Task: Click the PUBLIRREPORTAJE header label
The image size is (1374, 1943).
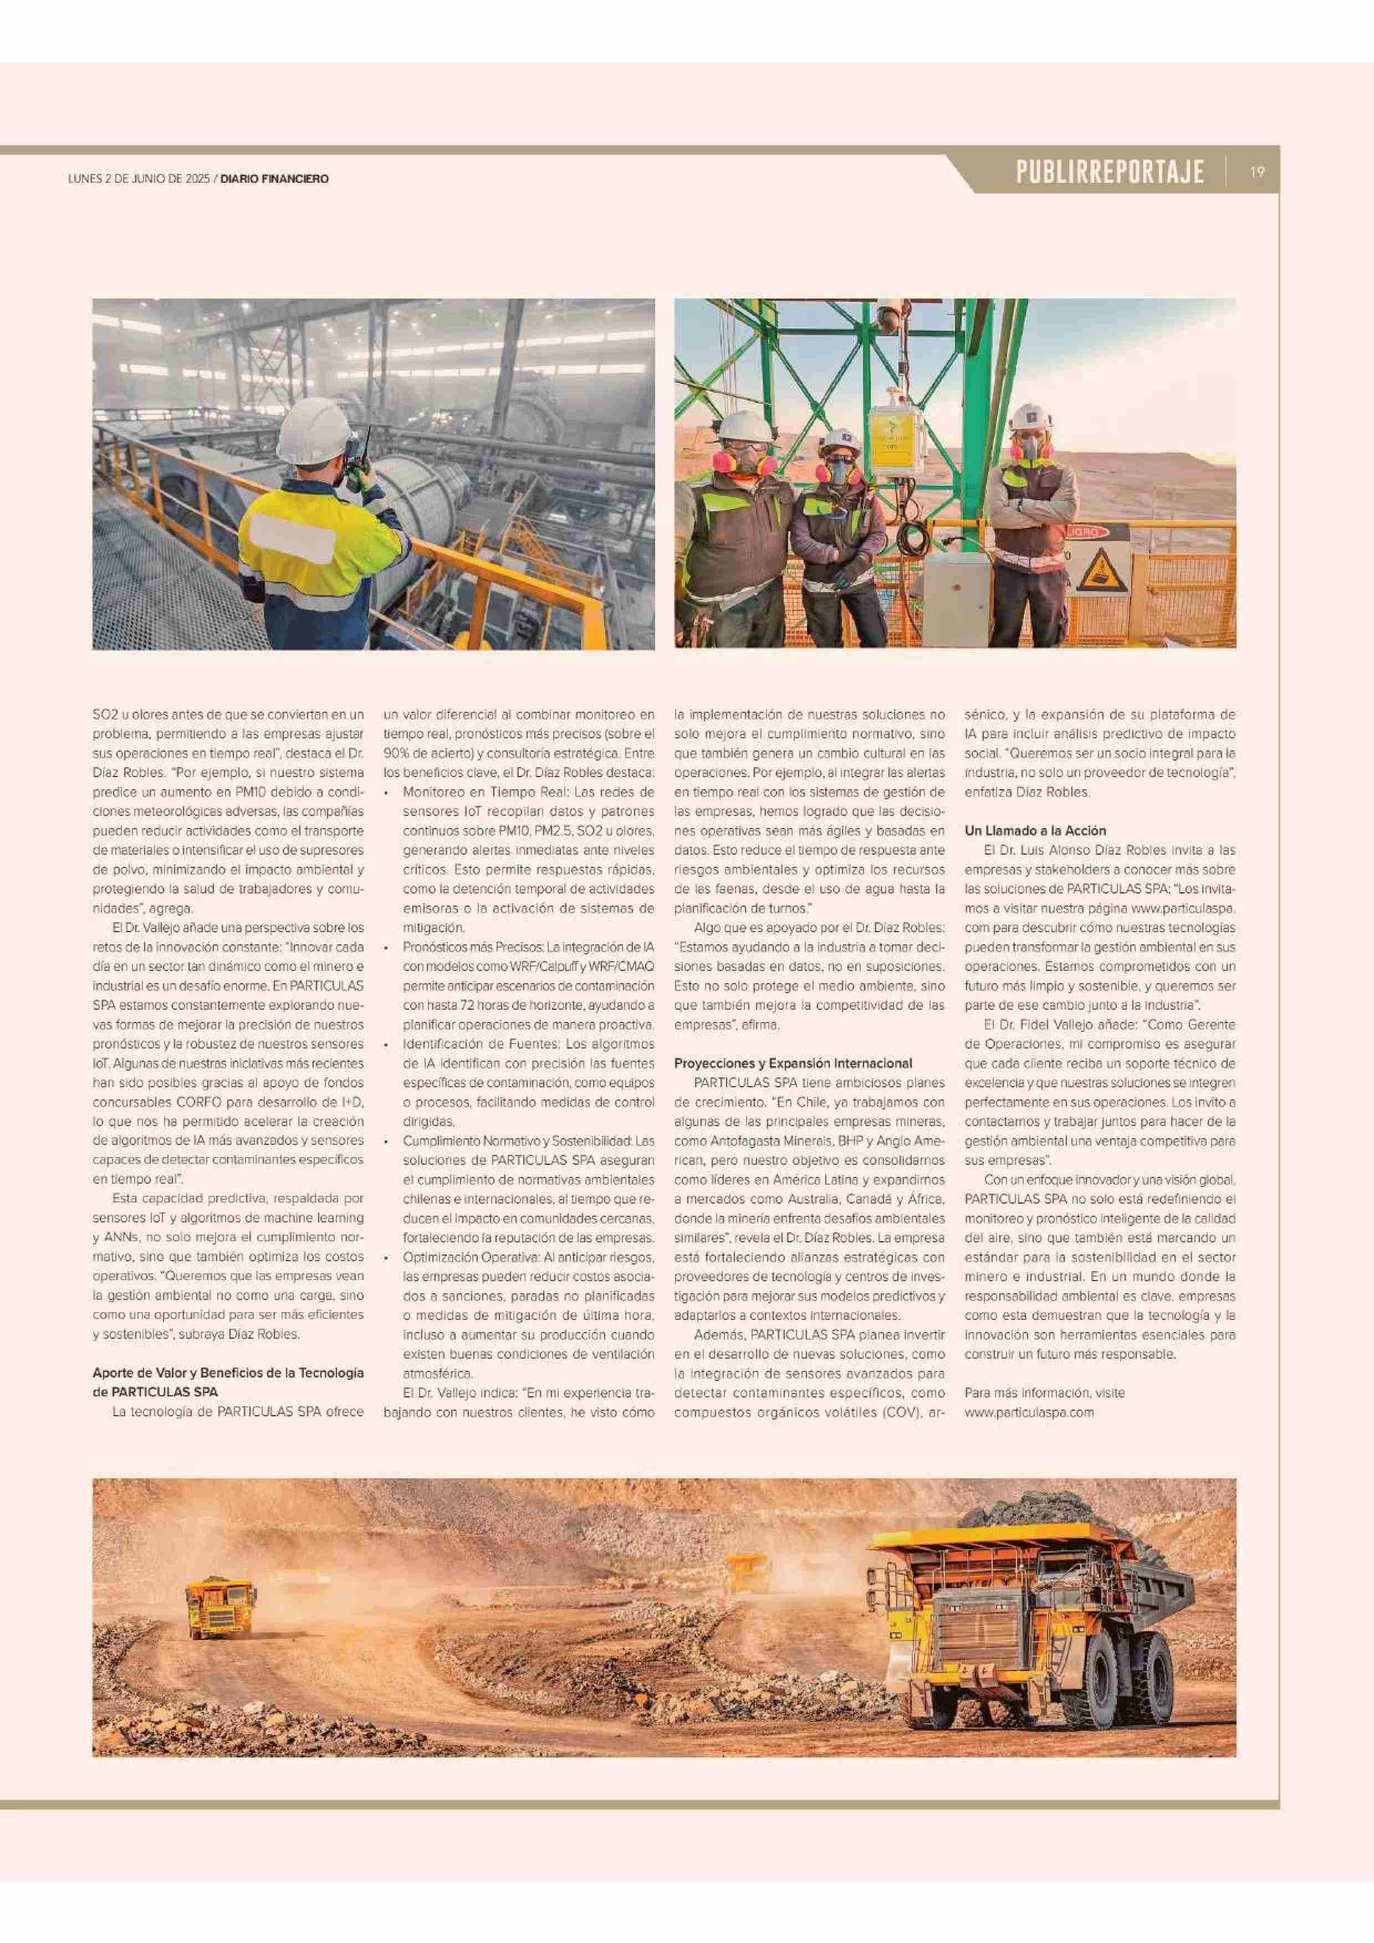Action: (1110, 173)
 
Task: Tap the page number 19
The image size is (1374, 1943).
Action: (1256, 172)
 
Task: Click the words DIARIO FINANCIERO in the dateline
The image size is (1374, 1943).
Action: (274, 179)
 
